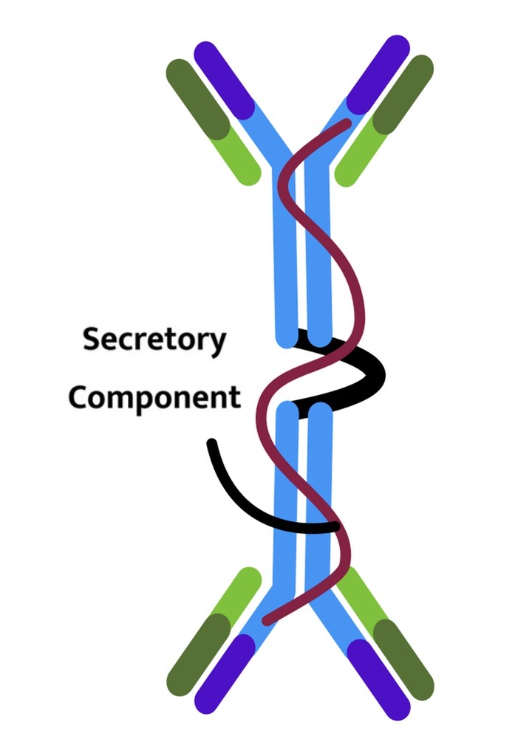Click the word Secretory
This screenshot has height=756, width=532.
tap(154, 340)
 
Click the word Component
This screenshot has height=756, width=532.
tap(154, 397)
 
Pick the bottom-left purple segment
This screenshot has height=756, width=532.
tap(222, 676)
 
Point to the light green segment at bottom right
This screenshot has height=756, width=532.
tap(358, 594)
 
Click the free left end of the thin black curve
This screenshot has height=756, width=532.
tap(212, 444)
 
